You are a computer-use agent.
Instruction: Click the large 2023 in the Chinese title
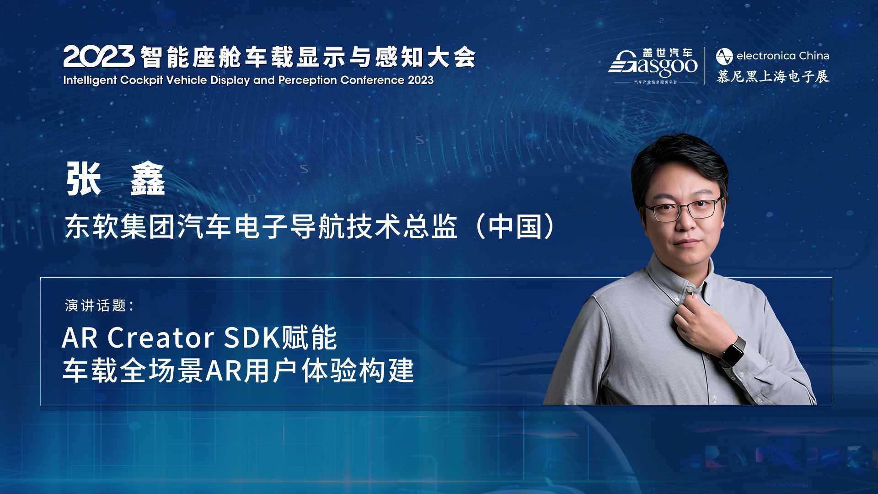99,57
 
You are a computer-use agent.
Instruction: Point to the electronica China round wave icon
724,56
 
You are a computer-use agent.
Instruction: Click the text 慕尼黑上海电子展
772,76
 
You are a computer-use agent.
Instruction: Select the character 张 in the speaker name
84,179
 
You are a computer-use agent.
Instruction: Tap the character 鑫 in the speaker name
147,179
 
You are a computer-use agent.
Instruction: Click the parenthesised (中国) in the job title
515,227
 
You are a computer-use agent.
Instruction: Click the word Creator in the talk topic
161,338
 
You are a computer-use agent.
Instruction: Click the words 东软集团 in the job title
120,227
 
